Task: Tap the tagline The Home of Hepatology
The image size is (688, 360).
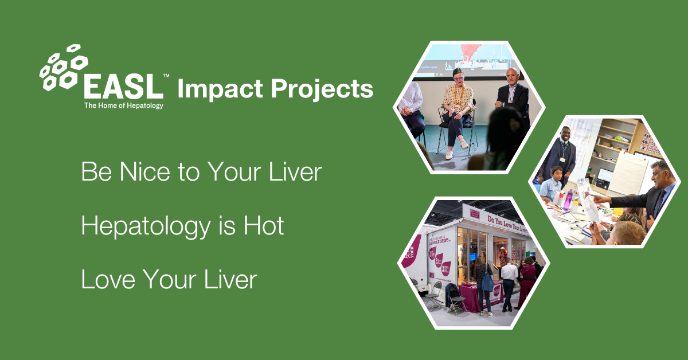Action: [x=123, y=105]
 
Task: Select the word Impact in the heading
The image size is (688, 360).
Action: [x=213, y=89]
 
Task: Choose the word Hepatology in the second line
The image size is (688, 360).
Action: [x=146, y=227]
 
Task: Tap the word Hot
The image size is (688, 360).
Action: [x=264, y=226]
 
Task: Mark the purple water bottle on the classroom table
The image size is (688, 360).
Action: [x=568, y=201]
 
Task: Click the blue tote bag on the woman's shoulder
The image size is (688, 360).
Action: [x=487, y=281]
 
